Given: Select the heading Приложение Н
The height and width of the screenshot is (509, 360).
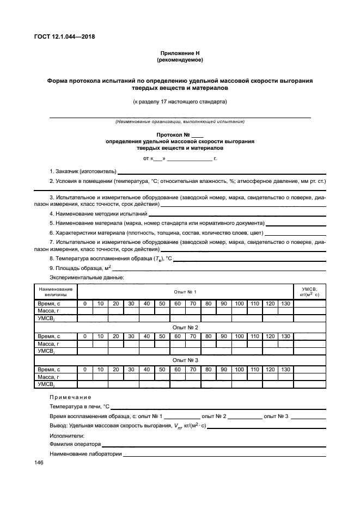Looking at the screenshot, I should click(180, 53).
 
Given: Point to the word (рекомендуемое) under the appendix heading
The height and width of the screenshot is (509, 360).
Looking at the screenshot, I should click(180, 60).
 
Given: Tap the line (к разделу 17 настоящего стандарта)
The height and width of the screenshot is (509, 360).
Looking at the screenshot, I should click(180, 101).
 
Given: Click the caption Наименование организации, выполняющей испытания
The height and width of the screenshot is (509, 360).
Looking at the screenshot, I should click(180, 121).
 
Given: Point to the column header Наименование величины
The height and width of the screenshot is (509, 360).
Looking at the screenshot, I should click(56, 291).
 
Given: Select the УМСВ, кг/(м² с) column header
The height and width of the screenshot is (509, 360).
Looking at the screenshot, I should click(309, 291).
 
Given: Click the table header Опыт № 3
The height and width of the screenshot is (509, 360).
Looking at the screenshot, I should click(185, 360).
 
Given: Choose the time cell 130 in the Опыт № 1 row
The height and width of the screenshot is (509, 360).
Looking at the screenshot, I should click(285, 303).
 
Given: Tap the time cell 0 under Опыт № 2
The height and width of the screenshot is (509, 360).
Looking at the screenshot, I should click(85, 336).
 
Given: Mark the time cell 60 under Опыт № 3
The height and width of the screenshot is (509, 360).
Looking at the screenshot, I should click(178, 370).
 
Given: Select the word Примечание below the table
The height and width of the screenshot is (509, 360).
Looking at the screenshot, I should click(71, 397).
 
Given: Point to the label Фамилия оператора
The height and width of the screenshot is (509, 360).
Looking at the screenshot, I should click(75, 444).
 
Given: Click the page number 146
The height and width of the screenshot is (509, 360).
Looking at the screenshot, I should click(39, 463).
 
